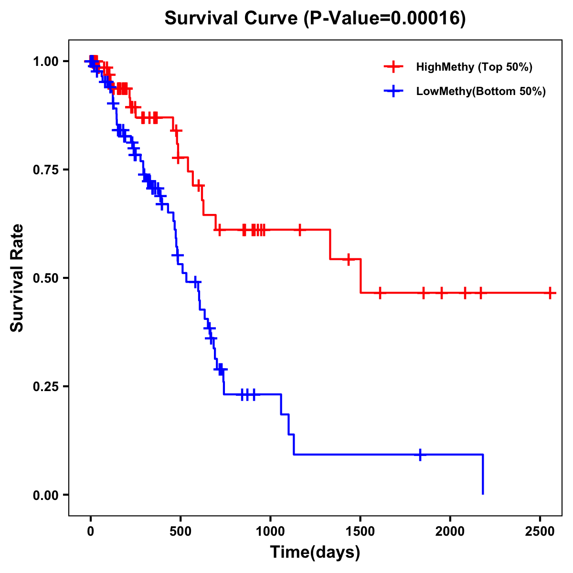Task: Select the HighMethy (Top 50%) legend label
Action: point(474,67)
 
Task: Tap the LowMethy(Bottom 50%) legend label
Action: point(481,91)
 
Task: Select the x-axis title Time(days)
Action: point(315,552)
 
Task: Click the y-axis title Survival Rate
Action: point(17,277)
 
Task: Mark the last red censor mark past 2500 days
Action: point(551,293)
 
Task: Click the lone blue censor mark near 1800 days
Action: point(420,455)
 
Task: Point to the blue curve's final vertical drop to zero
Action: point(483,475)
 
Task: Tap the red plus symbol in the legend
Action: point(393,67)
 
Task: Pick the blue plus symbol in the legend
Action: point(393,91)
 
